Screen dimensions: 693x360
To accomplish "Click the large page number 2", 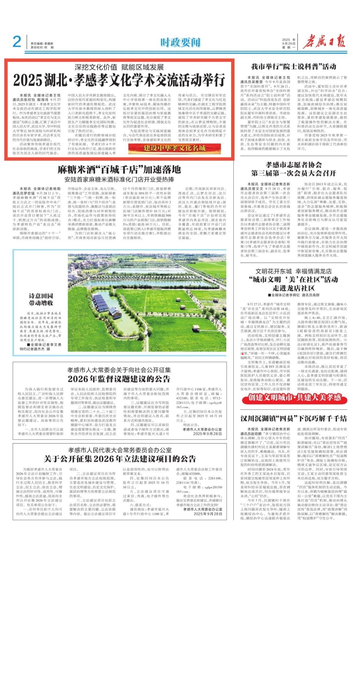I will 17,42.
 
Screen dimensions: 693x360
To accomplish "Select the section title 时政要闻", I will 180,43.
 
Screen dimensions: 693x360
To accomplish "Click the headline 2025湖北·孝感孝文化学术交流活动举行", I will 119,80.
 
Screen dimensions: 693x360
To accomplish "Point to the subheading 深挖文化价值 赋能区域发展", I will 119,67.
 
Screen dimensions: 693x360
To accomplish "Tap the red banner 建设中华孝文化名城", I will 175,148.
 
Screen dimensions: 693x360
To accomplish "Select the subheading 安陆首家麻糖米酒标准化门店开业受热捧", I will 119,180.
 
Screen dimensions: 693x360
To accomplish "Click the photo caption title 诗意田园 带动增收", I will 41,299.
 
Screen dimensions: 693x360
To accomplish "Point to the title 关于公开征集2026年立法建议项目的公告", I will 120,459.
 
